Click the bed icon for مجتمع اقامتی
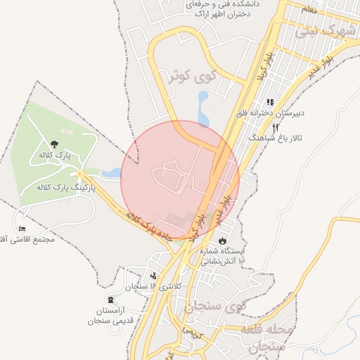(23, 229)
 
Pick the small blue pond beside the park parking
(112, 171)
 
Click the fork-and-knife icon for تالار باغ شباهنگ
(275, 127)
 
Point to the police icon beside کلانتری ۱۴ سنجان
(154, 275)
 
